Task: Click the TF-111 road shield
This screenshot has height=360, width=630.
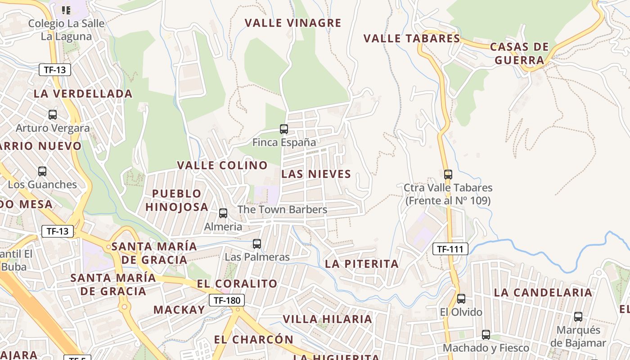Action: pyautogui.click(x=450, y=249)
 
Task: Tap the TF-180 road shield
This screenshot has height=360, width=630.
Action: pyautogui.click(x=227, y=300)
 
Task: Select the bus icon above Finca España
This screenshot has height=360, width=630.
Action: pyautogui.click(x=284, y=129)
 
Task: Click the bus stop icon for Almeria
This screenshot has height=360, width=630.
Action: pyautogui.click(x=223, y=213)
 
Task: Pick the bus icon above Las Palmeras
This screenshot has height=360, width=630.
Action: pyautogui.click(x=257, y=244)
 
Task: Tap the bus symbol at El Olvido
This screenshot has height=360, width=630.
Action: pyautogui.click(x=461, y=299)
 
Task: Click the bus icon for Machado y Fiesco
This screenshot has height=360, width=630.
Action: pyautogui.click(x=486, y=335)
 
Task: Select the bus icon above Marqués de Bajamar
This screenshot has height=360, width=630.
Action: pyautogui.click(x=578, y=317)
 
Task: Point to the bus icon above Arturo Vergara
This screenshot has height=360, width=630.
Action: pyautogui.click(x=53, y=115)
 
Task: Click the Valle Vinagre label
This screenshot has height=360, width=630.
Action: pyautogui.click(x=293, y=23)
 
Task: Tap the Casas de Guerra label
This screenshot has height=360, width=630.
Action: pyautogui.click(x=519, y=54)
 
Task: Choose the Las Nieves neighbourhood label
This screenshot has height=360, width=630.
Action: pyautogui.click(x=316, y=174)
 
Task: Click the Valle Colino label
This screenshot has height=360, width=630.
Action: pyautogui.click(x=222, y=166)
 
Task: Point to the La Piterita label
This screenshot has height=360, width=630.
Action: pyautogui.click(x=362, y=264)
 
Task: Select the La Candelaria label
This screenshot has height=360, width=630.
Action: pyautogui.click(x=543, y=292)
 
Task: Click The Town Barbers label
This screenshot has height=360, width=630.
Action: pyautogui.click(x=282, y=210)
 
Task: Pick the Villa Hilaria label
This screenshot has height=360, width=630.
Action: pyautogui.click(x=327, y=319)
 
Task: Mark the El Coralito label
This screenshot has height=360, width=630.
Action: pyautogui.click(x=237, y=284)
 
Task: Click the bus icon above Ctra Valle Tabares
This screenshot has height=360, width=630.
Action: pyautogui.click(x=448, y=175)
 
